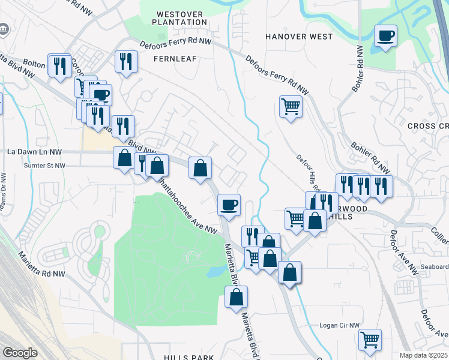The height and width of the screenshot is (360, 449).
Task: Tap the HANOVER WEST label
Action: click(299, 37)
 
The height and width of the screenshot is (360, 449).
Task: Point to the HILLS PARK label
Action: click(188, 357)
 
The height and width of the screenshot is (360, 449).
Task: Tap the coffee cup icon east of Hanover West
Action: click(385, 35)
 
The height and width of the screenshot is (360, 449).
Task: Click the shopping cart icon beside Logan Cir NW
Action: click(370, 340)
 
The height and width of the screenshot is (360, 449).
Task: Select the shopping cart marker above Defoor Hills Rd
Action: click(291, 107)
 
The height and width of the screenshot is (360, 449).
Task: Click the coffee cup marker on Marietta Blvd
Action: click(229, 205)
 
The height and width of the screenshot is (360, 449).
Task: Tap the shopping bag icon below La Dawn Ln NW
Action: click(124, 158)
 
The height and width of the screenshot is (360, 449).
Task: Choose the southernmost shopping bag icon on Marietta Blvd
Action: click(237, 296)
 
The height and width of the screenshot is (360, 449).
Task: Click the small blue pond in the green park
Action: click(215, 272)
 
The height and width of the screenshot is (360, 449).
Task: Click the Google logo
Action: click(19, 352)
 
